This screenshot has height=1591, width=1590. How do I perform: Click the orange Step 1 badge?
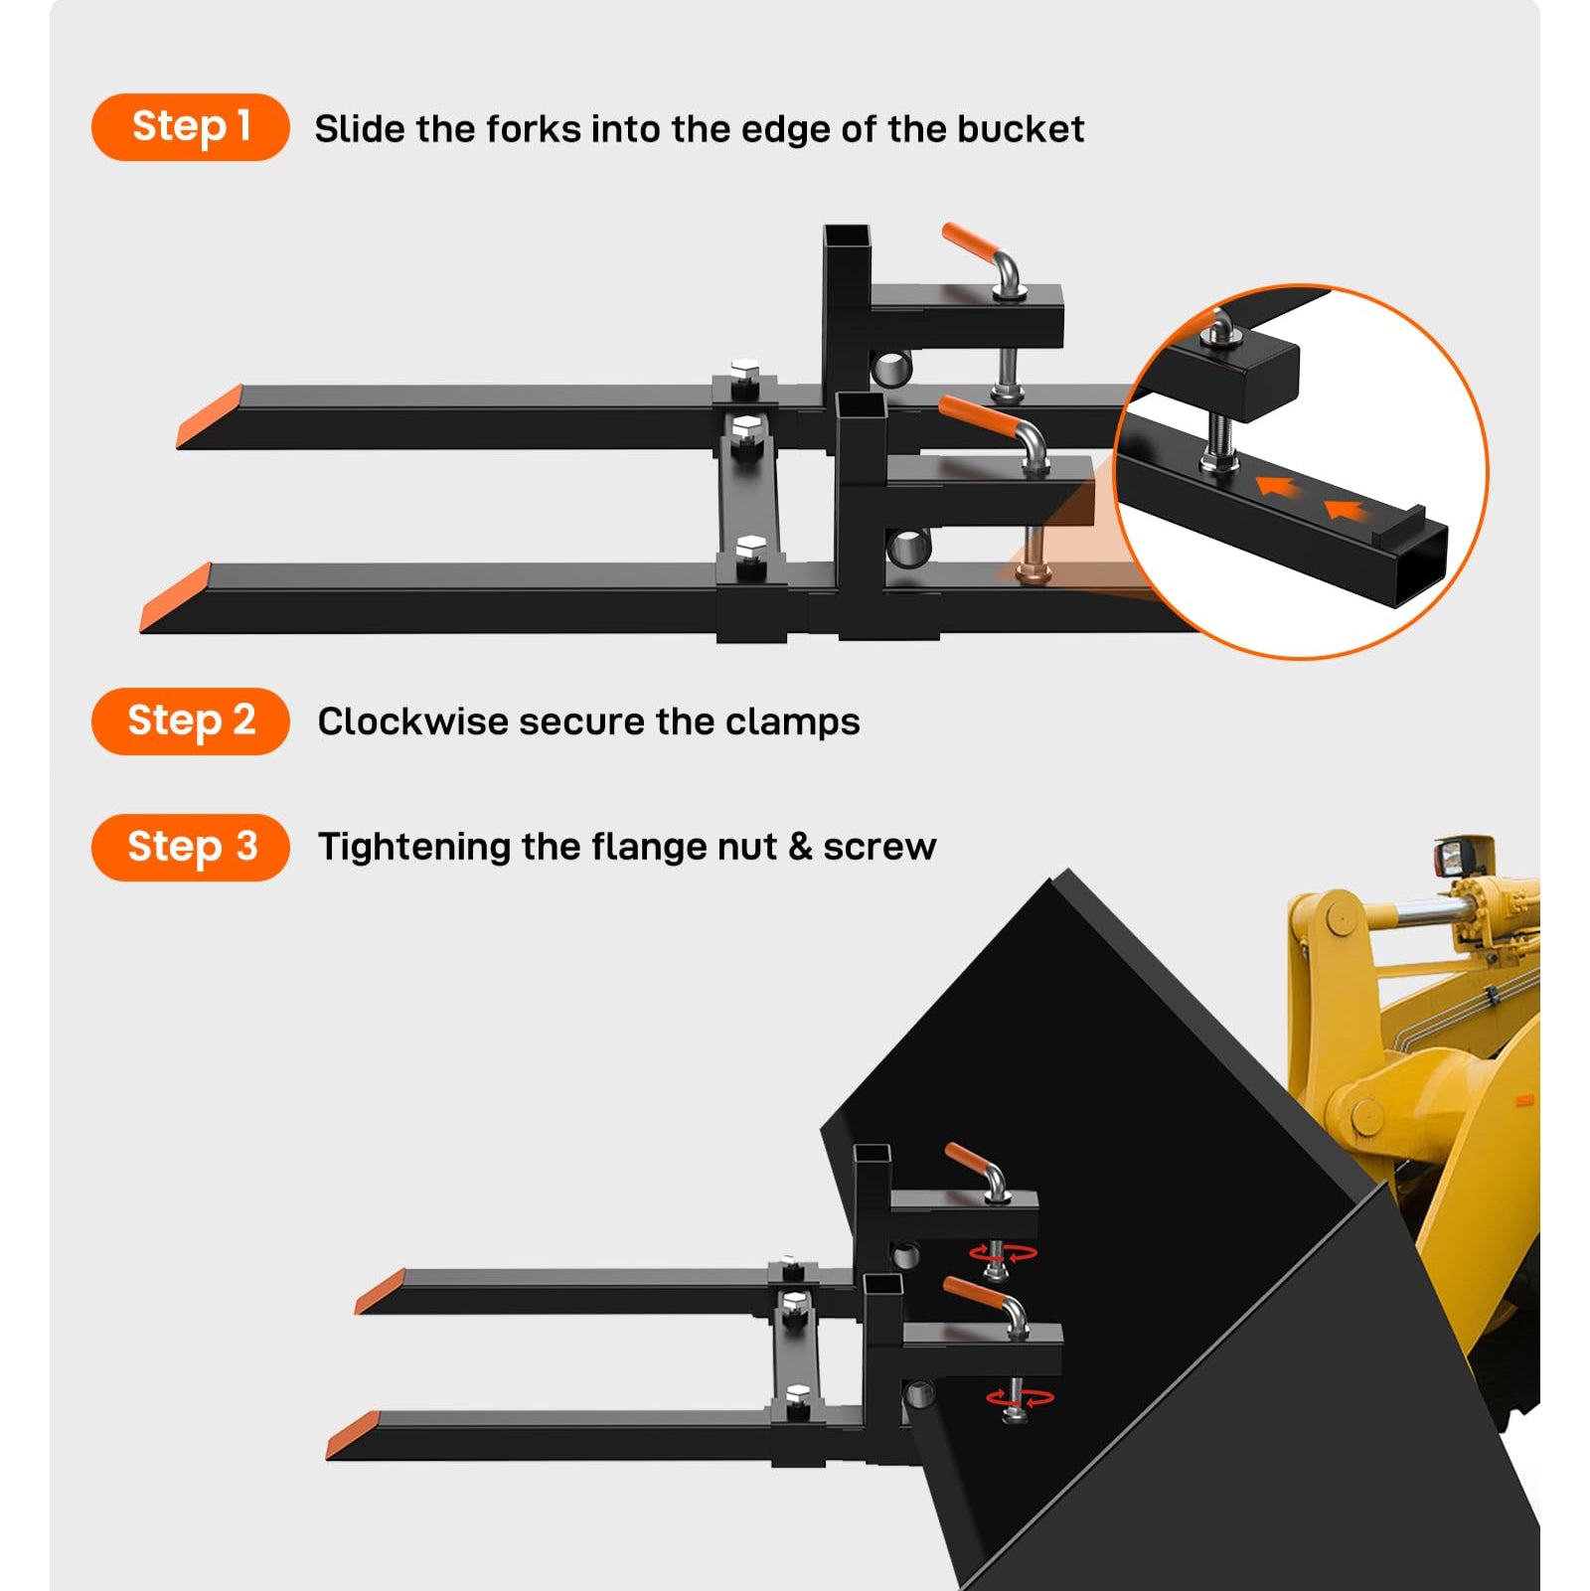(190, 127)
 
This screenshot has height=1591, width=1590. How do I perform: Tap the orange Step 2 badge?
(190, 721)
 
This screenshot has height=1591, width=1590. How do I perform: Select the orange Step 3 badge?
(190, 848)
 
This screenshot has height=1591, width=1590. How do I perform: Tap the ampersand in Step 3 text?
(800, 848)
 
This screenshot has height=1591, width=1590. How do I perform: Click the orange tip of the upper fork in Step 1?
(210, 416)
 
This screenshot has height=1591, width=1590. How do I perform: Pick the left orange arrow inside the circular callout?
(1278, 486)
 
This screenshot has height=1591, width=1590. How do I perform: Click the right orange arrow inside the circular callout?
(1344, 510)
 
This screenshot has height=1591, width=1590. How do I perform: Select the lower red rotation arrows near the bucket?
(1021, 1398)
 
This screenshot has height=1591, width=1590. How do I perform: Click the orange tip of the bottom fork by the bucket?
(353, 1435)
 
